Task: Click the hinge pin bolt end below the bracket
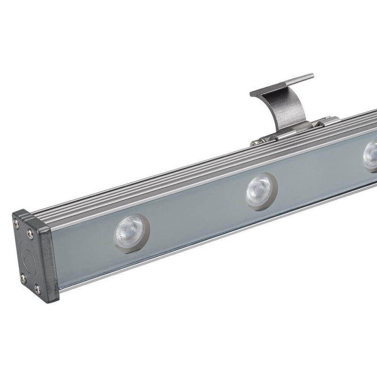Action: click(x=255, y=142)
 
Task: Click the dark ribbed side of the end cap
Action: click(x=47, y=259)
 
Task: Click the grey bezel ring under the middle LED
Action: click(x=261, y=203)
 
